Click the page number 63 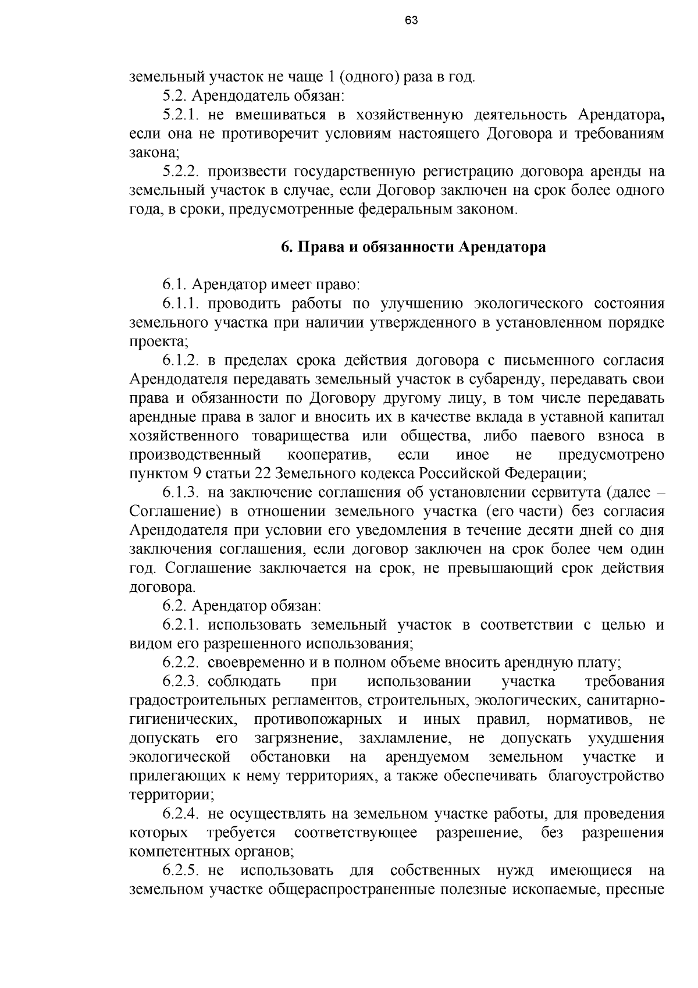pos(411,20)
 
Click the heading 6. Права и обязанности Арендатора pos(413,247)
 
